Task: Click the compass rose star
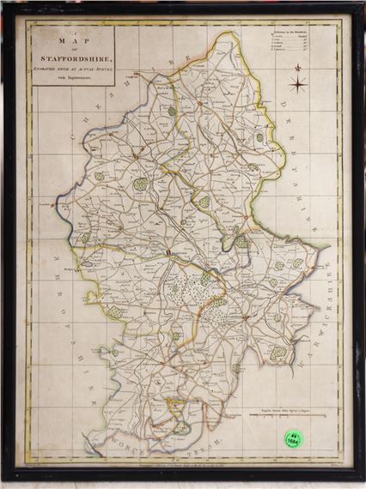297,84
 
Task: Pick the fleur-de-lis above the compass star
297,70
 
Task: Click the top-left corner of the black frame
5,5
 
